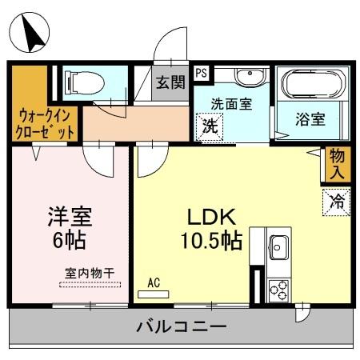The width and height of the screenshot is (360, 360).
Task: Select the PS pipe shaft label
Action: click(202, 72)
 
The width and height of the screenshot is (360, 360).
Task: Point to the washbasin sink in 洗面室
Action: click(251, 77)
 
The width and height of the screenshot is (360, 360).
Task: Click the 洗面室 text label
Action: click(232, 104)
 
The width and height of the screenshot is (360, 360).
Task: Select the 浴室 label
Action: click(310, 120)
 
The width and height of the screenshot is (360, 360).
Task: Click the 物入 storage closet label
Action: click(337, 162)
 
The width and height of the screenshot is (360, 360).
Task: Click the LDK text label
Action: click(209, 218)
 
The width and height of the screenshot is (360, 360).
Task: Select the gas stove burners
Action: click(279, 289)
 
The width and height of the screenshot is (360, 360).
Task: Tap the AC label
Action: click(154, 282)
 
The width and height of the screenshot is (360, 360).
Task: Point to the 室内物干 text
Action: click(89, 273)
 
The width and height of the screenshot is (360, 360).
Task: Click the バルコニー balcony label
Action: click(181, 327)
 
